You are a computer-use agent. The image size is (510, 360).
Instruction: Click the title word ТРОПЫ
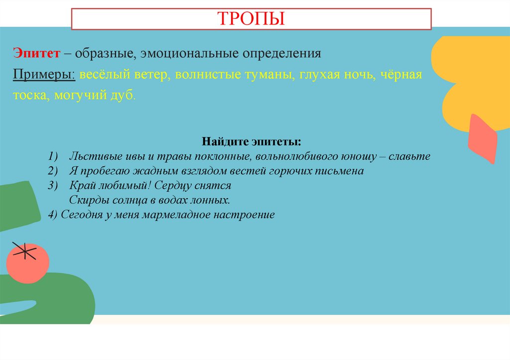[x=252, y=18]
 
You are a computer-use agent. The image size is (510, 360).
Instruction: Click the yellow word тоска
[x=29, y=96]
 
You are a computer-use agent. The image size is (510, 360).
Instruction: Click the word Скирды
[x=86, y=201]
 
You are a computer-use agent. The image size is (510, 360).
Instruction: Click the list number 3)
[x=54, y=186]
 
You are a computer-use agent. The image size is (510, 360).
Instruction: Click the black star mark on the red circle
[x=24, y=250]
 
